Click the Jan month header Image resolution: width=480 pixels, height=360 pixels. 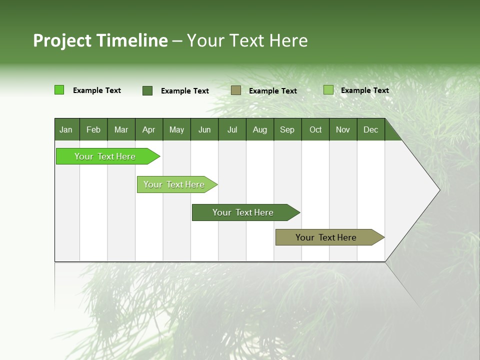coord(66,129)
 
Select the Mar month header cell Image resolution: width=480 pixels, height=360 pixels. coord(121,129)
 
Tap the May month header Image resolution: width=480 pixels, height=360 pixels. coord(176,129)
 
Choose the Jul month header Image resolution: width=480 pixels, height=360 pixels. coord(232,129)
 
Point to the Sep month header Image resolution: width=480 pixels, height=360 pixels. coord(287,129)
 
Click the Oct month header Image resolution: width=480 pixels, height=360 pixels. coord(315,129)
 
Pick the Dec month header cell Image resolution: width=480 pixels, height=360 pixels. coord(370,129)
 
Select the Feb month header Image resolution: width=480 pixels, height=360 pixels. coord(93,129)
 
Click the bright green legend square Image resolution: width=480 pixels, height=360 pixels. coord(59,90)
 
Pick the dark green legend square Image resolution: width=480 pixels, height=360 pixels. coord(147,90)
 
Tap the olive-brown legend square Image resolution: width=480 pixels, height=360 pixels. coord(236,90)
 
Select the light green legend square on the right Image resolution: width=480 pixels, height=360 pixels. coord(328,90)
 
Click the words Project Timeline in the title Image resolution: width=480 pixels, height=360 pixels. coord(100,40)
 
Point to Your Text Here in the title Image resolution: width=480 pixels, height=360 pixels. coord(247,40)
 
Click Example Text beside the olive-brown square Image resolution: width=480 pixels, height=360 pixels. coord(273,91)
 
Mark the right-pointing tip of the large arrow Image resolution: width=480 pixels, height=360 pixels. coord(439,190)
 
